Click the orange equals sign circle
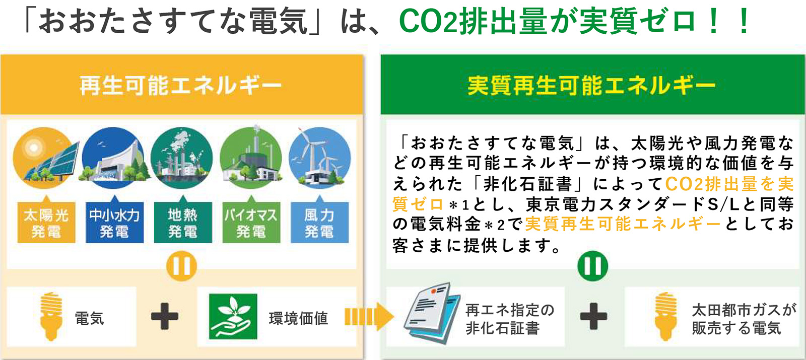tap(181, 266)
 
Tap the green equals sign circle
tap(592, 266)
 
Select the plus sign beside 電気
tap(165, 317)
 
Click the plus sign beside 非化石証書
tap(594, 317)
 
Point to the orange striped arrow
tap(369, 317)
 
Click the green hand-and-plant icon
tap(233, 317)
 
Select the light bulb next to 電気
tap(51, 317)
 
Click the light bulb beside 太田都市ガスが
tap(665, 317)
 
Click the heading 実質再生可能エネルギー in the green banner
tap(591, 86)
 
